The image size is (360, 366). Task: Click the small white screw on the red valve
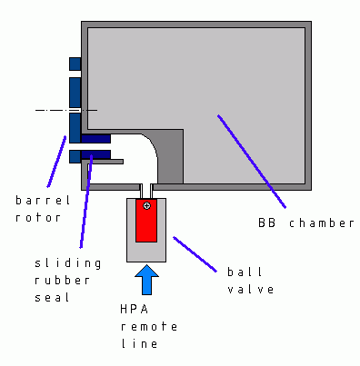pos(146,206)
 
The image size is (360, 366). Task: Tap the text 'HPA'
pos(134,310)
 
